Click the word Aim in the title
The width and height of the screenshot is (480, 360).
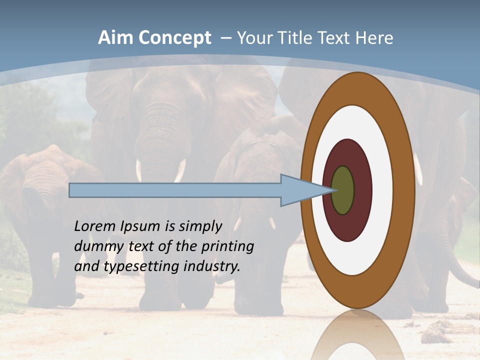pos(116,38)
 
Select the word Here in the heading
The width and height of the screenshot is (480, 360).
pos(374,38)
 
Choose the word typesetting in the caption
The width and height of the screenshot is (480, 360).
pos(141,266)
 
